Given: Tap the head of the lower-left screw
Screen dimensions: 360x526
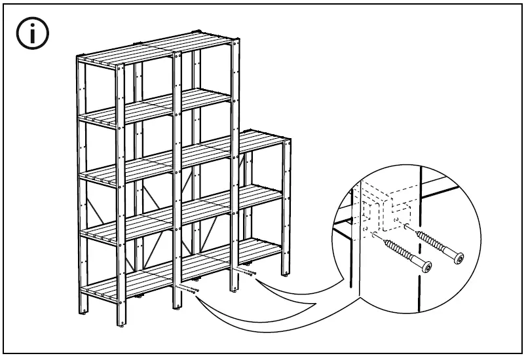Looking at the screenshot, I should click(x=426, y=268).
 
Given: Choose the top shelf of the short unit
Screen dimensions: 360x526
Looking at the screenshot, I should click(x=263, y=139).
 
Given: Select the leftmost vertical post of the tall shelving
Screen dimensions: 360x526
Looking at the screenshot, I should click(x=81, y=183).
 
